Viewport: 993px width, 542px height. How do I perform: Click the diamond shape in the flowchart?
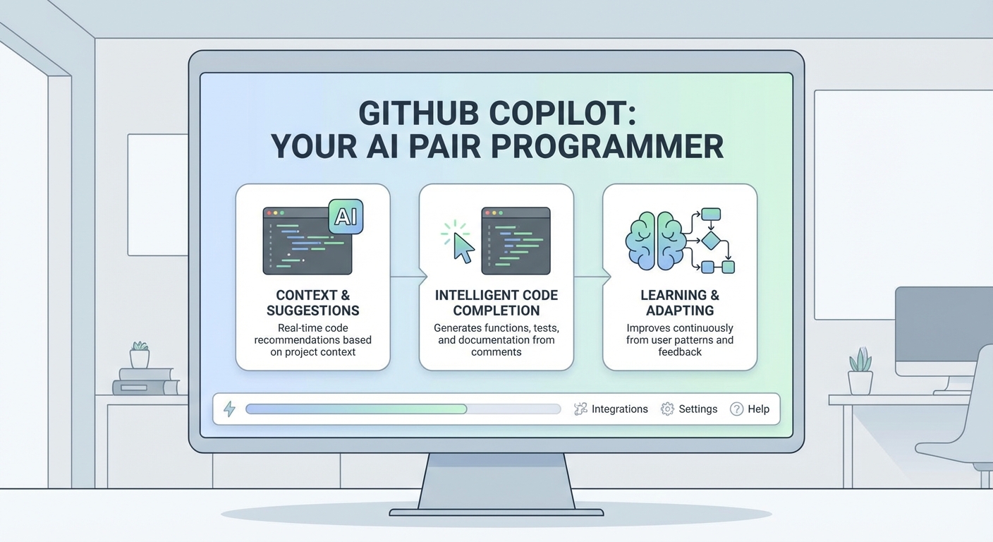710,241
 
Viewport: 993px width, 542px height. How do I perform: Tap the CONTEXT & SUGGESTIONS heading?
312,303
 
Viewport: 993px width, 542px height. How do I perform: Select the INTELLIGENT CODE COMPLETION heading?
496,303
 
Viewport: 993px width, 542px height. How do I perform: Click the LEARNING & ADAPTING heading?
679,303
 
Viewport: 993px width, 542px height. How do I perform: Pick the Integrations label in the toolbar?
619,409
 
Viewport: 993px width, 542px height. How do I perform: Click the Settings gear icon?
667,409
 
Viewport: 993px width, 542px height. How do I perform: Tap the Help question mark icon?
736,409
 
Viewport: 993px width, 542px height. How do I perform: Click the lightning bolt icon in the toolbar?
229,409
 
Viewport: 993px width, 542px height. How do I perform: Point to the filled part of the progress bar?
356,409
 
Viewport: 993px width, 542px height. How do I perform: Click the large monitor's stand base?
496,510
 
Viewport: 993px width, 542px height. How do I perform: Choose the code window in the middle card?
516,241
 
